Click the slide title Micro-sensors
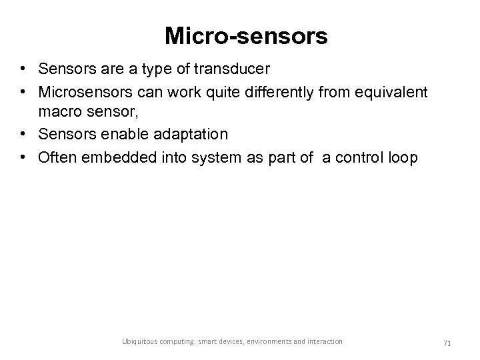(245, 37)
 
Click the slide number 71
(448, 342)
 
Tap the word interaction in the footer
(325, 341)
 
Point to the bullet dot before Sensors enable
(23, 135)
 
